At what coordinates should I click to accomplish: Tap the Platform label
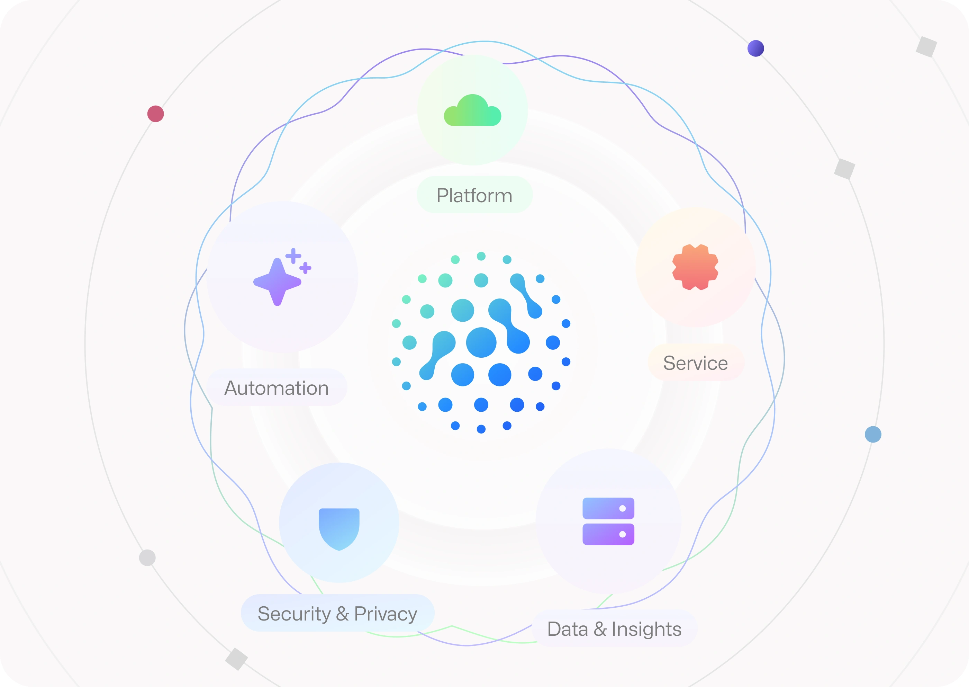click(474, 195)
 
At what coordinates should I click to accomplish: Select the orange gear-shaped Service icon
click(696, 267)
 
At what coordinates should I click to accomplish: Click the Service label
click(696, 363)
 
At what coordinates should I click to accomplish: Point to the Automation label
click(277, 388)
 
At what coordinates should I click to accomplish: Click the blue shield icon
click(339, 529)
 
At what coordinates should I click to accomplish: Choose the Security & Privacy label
click(337, 613)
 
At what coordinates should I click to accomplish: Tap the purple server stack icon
click(608, 521)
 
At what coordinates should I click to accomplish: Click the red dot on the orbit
click(156, 114)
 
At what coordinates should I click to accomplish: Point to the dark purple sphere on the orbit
click(755, 48)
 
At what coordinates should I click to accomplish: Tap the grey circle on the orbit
click(147, 557)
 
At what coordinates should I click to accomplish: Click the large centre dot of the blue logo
click(481, 342)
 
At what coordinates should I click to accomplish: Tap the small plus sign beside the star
click(305, 268)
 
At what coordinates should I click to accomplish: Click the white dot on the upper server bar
click(622, 508)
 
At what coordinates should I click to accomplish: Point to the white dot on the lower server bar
click(622, 534)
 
